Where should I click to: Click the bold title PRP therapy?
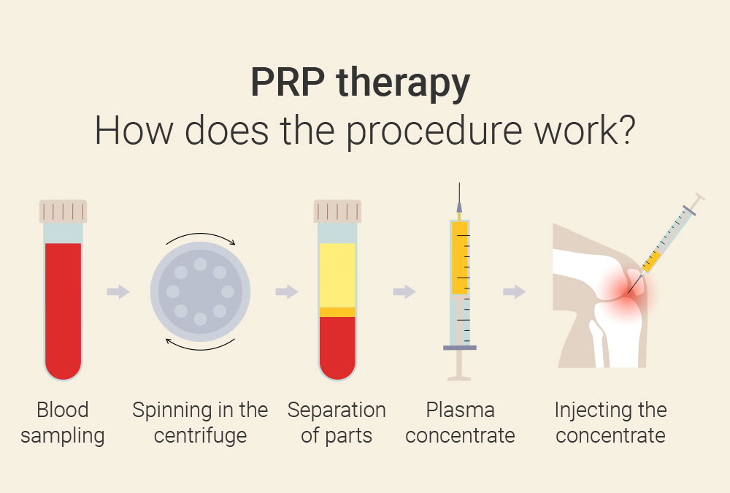(x=360, y=83)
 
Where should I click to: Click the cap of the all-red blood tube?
(x=63, y=211)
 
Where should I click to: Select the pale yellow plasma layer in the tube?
(x=337, y=275)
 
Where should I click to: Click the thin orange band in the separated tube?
(x=337, y=312)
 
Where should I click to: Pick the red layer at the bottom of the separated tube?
(x=337, y=347)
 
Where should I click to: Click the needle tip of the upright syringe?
(x=459, y=191)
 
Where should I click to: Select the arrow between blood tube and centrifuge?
(x=118, y=292)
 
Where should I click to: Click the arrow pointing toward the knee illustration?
(x=514, y=292)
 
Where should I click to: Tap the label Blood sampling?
(x=63, y=423)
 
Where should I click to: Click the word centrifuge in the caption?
(x=200, y=437)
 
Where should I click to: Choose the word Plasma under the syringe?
(x=460, y=410)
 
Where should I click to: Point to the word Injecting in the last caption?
(x=593, y=410)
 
